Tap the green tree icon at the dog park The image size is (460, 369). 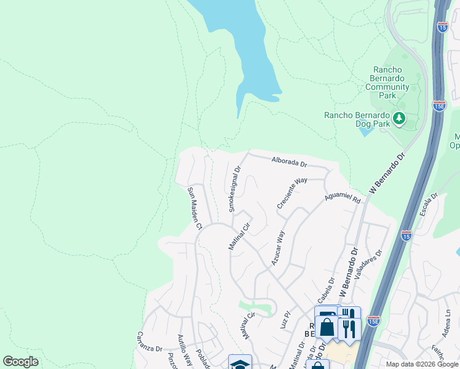[x=399, y=117]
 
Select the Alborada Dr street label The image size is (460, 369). [x=289, y=162]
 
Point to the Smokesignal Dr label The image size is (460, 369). [x=235, y=188]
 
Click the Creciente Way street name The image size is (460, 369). [x=291, y=193]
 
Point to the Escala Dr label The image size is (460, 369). [x=429, y=205]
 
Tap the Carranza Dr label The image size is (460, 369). [x=148, y=342]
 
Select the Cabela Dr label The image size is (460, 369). [x=325, y=290]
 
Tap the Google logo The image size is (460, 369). [x=20, y=362]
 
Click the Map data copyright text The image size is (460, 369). [x=422, y=364]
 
